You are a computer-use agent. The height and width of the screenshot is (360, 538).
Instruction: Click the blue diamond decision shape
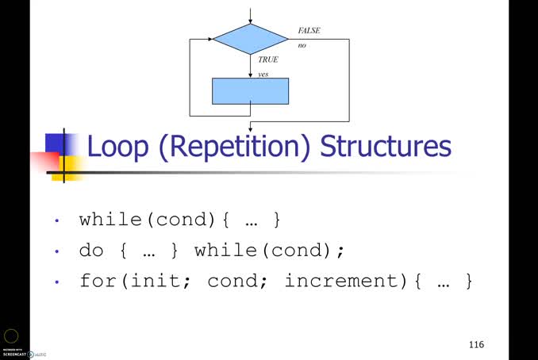click(x=251, y=39)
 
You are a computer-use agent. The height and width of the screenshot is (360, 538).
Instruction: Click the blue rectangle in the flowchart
click(x=251, y=91)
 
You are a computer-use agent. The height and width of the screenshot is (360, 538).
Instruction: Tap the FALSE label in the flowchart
click(x=309, y=31)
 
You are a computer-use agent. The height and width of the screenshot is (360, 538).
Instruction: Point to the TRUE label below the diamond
click(x=268, y=59)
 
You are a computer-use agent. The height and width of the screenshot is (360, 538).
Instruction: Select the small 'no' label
click(x=302, y=45)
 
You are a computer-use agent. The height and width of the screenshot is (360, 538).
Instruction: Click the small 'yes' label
click(x=263, y=74)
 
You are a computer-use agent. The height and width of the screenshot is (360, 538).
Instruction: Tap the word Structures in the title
click(x=386, y=147)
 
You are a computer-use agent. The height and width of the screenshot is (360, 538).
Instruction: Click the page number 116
click(x=476, y=344)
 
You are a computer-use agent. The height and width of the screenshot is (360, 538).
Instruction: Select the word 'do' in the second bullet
click(x=92, y=251)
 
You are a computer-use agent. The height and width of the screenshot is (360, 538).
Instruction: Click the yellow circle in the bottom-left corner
click(x=11, y=336)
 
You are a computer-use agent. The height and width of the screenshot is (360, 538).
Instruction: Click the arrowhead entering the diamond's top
click(x=251, y=21)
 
